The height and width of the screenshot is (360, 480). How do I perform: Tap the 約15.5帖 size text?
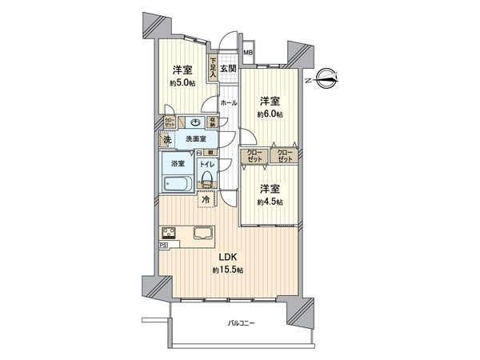coord(227,271)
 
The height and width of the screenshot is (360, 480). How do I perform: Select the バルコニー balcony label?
coord(240,323)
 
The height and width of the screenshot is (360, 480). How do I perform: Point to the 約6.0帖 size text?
coord(269,114)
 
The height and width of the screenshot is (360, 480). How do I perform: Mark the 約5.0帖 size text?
coord(182,82)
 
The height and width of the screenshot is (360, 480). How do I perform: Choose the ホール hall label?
coord(228,104)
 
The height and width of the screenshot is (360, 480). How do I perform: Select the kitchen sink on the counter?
coord(203,234)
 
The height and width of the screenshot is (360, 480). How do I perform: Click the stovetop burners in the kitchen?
coord(170,234)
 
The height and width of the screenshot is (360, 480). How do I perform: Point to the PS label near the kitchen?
coord(163,246)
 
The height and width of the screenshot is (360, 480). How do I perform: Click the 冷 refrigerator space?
coord(206,198)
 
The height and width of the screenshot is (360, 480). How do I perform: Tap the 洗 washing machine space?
coord(167,140)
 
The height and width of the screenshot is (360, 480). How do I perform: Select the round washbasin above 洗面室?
coord(196,122)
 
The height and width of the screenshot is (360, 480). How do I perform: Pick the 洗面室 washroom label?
coord(196,138)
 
